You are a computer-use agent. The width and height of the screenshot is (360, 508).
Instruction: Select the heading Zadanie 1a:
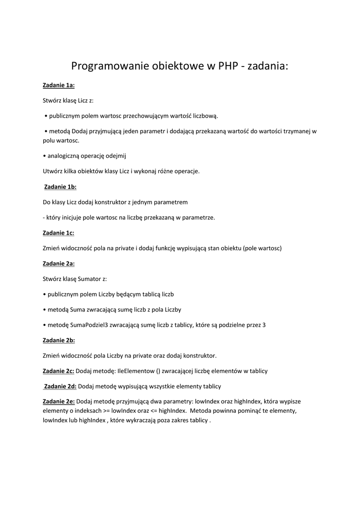point(59,85)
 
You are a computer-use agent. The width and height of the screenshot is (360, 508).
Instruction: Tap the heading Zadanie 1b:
point(60,187)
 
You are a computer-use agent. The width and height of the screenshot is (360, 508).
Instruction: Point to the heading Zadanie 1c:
point(59,233)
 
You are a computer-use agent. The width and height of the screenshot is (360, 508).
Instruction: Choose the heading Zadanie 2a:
point(59,263)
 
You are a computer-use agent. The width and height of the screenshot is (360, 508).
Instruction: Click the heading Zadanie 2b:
point(59,340)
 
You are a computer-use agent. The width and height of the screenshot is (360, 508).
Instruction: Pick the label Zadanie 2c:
point(59,371)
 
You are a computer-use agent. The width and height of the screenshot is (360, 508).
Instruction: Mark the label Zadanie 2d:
point(60,386)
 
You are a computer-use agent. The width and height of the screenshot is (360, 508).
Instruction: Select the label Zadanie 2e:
point(59,401)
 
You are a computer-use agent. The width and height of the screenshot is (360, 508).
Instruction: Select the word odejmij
point(116,156)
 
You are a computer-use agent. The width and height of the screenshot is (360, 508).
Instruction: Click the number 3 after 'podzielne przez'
point(264,325)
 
